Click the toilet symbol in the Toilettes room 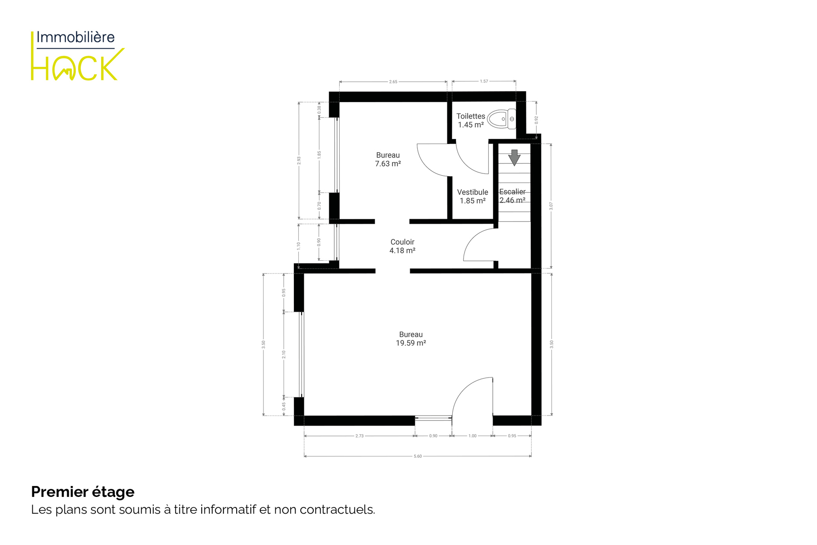click(x=501, y=119)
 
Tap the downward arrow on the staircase click(x=514, y=158)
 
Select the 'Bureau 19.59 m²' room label click(x=411, y=339)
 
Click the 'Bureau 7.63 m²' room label click(x=388, y=159)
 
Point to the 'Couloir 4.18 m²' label click(x=402, y=246)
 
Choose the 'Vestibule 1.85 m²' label click(x=473, y=196)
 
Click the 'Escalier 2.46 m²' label click(x=512, y=196)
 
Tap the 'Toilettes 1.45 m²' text click(x=471, y=120)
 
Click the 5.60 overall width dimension click(x=418, y=456)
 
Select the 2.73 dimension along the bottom click(x=359, y=436)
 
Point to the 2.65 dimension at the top click(x=393, y=82)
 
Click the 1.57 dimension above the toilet click(x=484, y=81)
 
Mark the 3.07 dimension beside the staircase click(x=551, y=206)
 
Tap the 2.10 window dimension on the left click(x=284, y=354)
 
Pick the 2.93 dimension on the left click(x=299, y=160)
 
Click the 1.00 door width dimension click(x=472, y=436)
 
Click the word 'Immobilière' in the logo click(x=75, y=37)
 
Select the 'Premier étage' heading click(x=83, y=492)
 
